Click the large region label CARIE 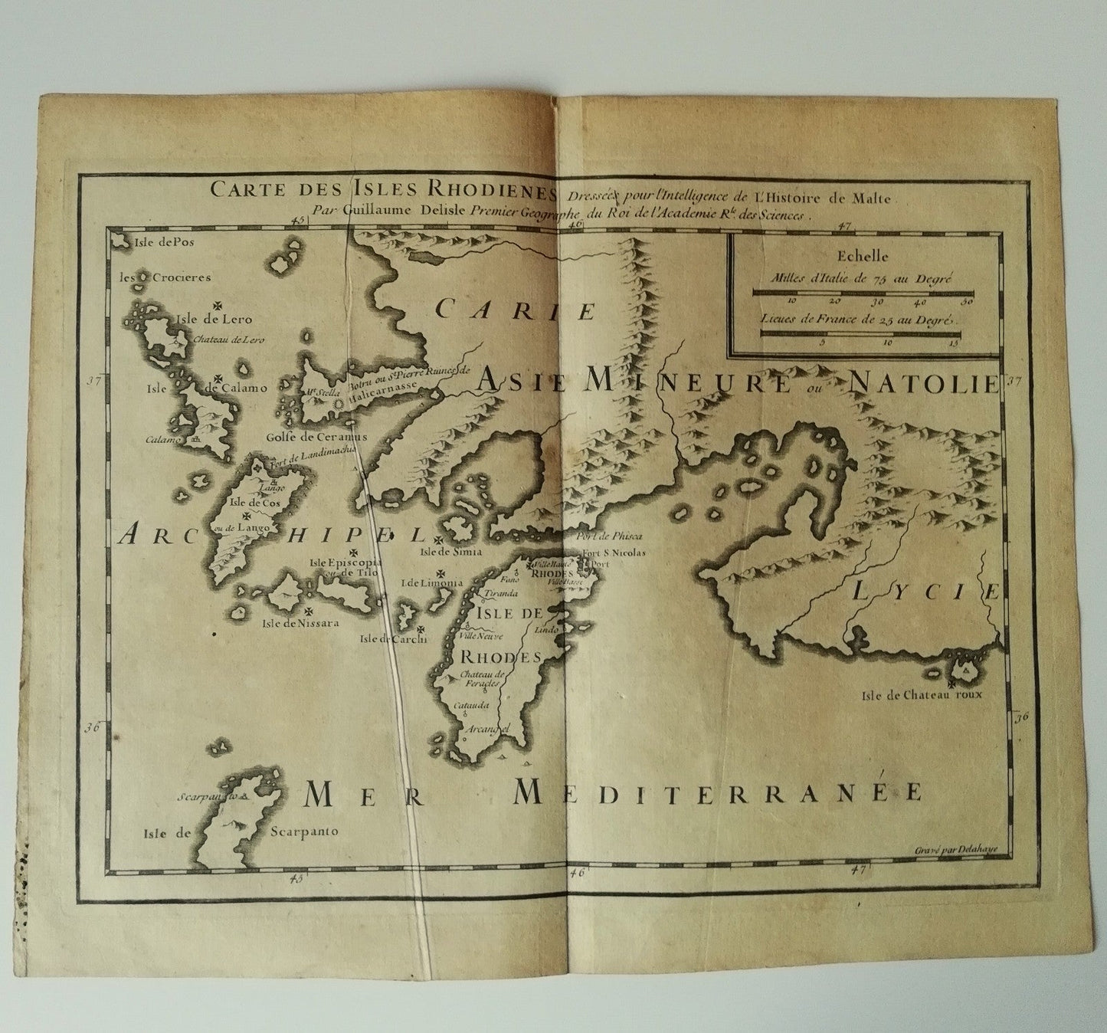pos(516,310)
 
